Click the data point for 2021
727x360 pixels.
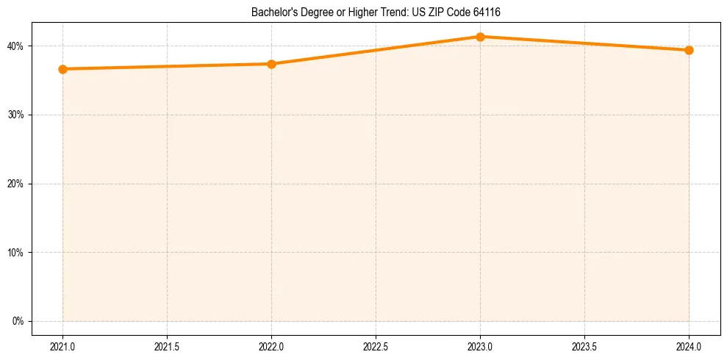62,69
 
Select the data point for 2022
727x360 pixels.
271,64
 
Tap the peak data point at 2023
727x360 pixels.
480,37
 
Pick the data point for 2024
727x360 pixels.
689,50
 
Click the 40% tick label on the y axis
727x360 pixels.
15,46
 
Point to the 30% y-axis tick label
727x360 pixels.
15,115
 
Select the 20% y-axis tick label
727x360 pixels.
15,184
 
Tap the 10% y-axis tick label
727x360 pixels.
15,253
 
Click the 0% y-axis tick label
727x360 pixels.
18,322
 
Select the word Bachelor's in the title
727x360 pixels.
273,12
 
